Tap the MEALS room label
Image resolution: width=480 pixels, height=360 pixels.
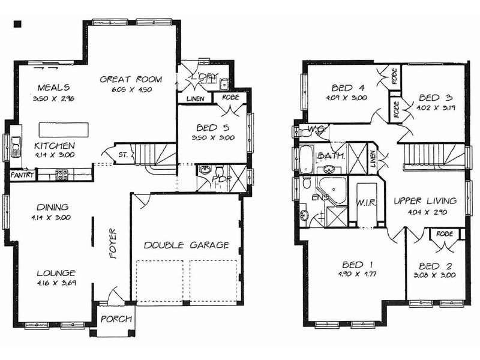click(53, 87)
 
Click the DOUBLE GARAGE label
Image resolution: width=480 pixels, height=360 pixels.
click(187, 245)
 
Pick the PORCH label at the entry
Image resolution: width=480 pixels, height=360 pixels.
click(115, 319)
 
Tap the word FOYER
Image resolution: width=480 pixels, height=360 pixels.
click(112, 243)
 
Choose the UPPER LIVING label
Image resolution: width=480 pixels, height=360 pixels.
click(425, 201)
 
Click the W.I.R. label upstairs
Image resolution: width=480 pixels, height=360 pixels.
click(365, 203)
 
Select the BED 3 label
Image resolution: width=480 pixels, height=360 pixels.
click(431, 98)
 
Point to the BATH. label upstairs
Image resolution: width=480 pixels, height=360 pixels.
click(331, 155)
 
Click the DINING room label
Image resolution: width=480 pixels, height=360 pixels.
click(53, 207)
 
